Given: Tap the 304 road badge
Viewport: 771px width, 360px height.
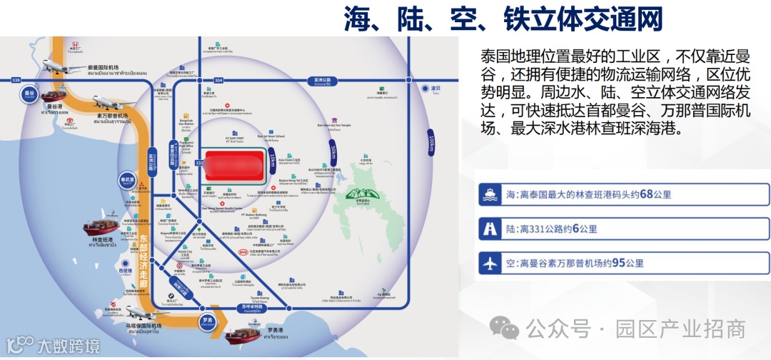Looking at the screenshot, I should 218,79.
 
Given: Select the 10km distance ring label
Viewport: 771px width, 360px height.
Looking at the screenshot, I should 272,159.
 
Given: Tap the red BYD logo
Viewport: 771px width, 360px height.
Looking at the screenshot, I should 242,251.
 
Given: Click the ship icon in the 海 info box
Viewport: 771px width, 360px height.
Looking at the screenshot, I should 491,194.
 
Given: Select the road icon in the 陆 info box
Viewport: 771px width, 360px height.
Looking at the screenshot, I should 491,229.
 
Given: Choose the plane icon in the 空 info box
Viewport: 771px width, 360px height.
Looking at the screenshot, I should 491,263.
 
